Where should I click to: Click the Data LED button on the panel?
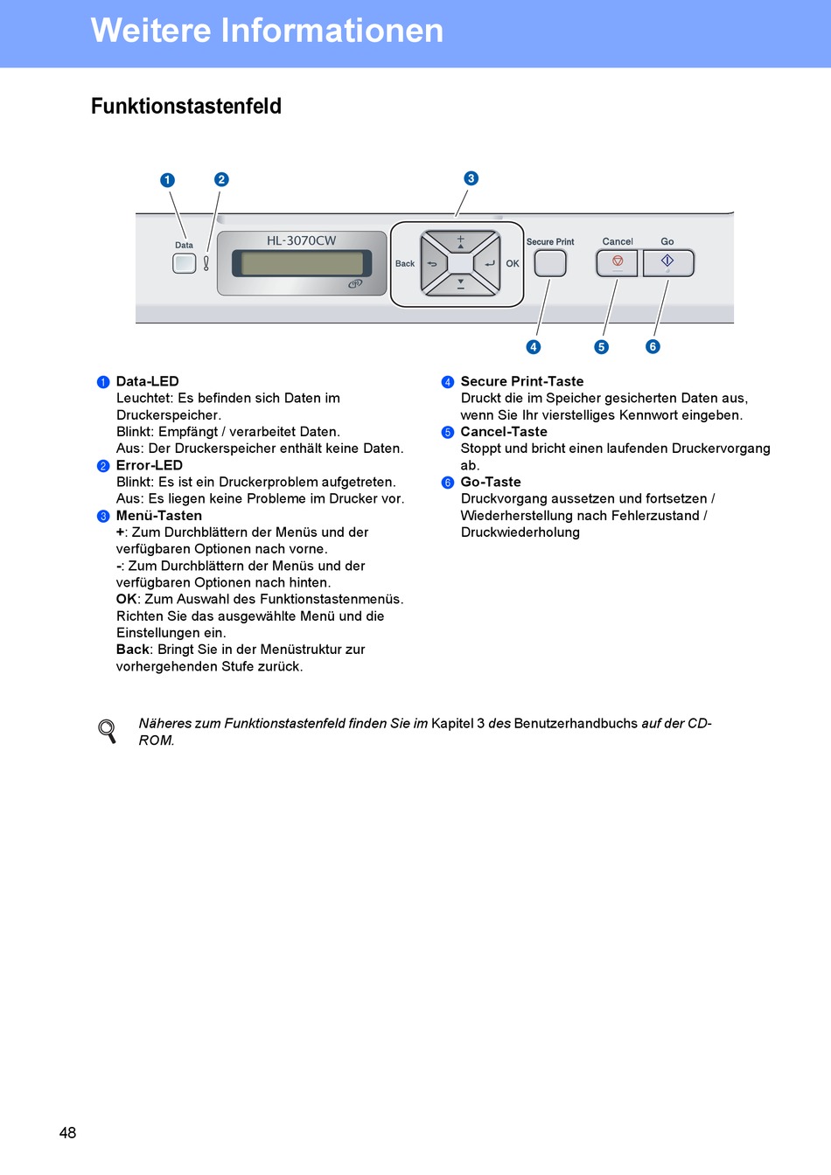click(x=184, y=263)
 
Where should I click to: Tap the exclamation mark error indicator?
click(x=206, y=263)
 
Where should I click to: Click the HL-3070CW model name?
click(x=301, y=240)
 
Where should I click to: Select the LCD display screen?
click(x=302, y=263)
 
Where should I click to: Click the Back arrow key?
click(x=433, y=263)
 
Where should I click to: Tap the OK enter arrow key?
click(x=488, y=263)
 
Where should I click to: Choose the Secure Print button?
click(x=550, y=263)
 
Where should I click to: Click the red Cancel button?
click(x=618, y=262)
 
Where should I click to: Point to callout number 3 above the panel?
click(x=471, y=178)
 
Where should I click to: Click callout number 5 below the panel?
click(x=601, y=347)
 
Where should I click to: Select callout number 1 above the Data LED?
click(x=167, y=180)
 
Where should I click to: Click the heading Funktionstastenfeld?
click(x=186, y=107)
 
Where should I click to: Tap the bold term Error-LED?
click(x=150, y=465)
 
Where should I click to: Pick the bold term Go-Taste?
click(x=491, y=482)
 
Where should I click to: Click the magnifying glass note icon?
click(x=108, y=731)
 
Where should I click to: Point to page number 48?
click(x=67, y=1132)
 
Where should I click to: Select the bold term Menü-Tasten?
click(x=159, y=516)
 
